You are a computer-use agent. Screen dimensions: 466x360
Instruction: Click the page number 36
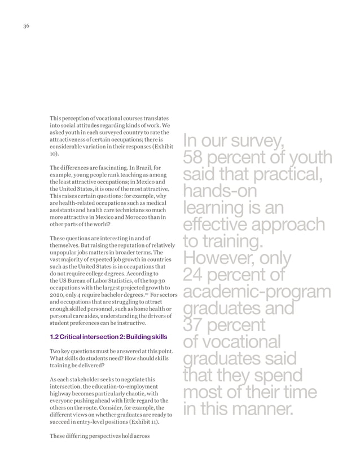pos(26,26)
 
